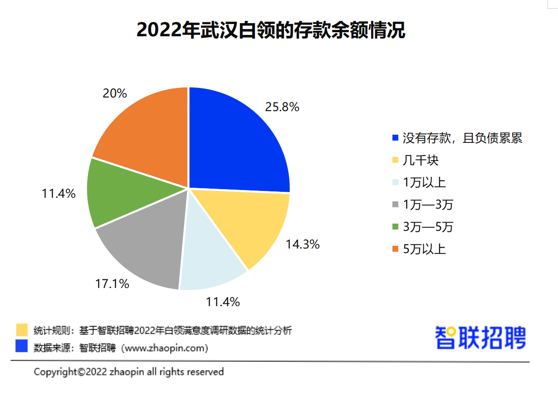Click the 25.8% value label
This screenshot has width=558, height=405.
(282, 107)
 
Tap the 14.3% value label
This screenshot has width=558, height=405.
(303, 244)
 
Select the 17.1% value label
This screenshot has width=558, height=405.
(112, 284)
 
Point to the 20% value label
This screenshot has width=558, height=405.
(115, 93)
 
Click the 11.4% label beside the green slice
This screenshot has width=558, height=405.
(59, 194)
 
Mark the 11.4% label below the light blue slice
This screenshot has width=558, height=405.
(223, 302)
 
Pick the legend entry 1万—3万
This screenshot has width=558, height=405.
(428, 205)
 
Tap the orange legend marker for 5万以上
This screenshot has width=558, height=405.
(395, 249)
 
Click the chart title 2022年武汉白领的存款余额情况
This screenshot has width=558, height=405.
(270, 30)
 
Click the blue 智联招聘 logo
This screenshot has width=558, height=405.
(480, 337)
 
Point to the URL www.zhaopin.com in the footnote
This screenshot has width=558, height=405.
(165, 348)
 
